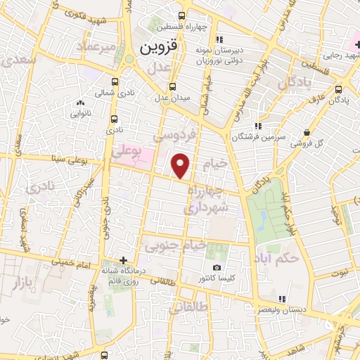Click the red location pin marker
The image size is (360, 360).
181,166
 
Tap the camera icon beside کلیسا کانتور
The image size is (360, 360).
216,268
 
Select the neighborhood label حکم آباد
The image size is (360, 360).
278,255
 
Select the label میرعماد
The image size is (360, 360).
98,47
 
